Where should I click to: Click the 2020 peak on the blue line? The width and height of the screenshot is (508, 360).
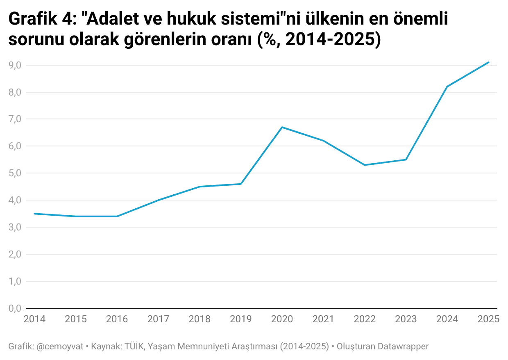pyautogui.click(x=282, y=127)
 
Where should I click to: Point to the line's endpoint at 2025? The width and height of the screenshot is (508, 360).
pyautogui.click(x=488, y=62)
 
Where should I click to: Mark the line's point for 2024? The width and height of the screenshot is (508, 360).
pyautogui.click(x=447, y=87)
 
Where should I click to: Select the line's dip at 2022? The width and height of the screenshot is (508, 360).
pyautogui.click(x=365, y=165)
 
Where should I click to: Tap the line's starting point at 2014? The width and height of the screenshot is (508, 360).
pyautogui.click(x=35, y=214)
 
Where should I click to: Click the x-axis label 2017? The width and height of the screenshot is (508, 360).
pyautogui.click(x=159, y=319)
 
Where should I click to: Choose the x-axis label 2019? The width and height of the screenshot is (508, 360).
pyautogui.click(x=241, y=319)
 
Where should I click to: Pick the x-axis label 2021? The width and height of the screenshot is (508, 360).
pyautogui.click(x=323, y=319)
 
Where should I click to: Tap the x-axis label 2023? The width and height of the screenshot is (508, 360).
pyautogui.click(x=406, y=319)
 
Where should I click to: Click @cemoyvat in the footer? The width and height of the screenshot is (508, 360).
pyautogui.click(x=60, y=346)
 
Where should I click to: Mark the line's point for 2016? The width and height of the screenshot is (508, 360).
pyautogui.click(x=117, y=216)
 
